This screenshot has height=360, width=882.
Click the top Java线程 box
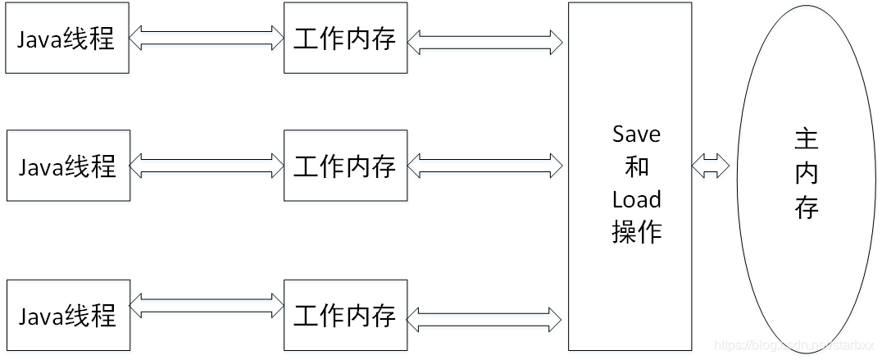click(x=67, y=39)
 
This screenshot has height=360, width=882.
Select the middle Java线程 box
click(x=68, y=166)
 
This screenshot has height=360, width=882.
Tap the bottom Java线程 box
click(x=68, y=315)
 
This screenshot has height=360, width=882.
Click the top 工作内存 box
click(x=345, y=39)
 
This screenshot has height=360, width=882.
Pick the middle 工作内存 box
click(x=345, y=166)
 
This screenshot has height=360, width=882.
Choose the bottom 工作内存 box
click(x=345, y=315)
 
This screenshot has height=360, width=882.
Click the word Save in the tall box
click(x=636, y=134)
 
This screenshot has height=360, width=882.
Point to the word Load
click(x=636, y=199)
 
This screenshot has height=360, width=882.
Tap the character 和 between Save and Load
click(x=636, y=166)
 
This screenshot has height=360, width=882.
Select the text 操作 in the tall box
click(x=636, y=231)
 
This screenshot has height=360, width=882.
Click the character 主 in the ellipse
click(x=807, y=139)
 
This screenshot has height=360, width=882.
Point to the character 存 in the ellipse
click(x=807, y=207)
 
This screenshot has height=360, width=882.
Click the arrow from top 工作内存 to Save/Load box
click(x=484, y=39)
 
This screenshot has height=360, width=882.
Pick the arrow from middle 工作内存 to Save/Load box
click(x=484, y=166)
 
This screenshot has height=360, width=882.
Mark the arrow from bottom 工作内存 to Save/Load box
click(x=484, y=317)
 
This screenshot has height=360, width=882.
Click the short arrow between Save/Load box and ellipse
click(x=710, y=167)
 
